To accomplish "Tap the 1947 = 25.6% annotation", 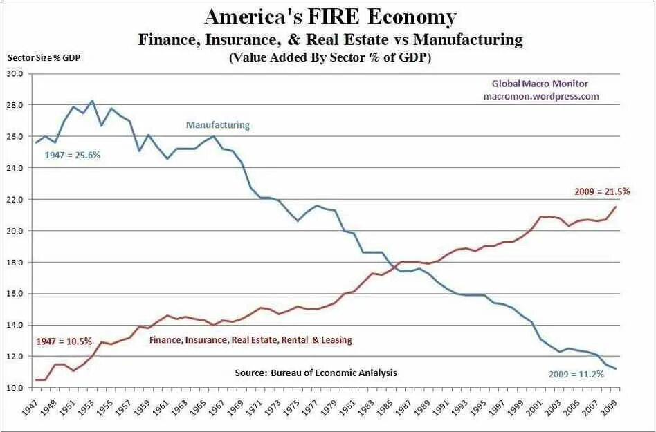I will [73, 155].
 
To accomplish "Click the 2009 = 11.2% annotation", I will [577, 374].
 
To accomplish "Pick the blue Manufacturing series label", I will [217, 125].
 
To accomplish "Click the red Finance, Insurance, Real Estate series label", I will [251, 340].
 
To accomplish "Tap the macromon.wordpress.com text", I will [541, 96].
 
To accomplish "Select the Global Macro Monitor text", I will [540, 84].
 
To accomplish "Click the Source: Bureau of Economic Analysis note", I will [316, 373].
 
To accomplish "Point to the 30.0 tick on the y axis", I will [15, 73].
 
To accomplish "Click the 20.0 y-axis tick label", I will [15, 231].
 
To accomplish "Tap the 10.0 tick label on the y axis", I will [15, 388].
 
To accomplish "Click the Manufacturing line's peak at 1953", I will [92, 100].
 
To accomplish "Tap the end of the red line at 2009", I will [616, 207].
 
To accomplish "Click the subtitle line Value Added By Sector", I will [329, 58].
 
